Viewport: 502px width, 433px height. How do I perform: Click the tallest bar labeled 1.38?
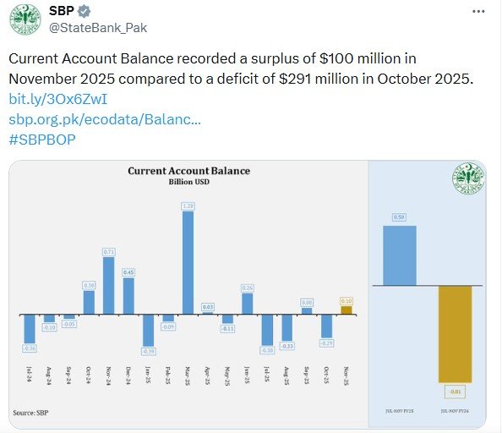(188, 262)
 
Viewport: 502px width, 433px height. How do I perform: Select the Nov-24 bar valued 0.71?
(108, 285)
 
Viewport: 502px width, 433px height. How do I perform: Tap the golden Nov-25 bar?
(346, 310)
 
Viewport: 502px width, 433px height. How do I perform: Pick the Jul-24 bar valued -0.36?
(30, 328)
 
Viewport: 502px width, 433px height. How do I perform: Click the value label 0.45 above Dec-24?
(128, 272)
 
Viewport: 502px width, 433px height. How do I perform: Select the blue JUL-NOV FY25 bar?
(399, 255)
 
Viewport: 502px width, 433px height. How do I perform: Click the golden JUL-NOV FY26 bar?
(455, 334)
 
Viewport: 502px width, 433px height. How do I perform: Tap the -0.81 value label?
(455, 391)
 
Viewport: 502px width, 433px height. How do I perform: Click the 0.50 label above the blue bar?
(399, 217)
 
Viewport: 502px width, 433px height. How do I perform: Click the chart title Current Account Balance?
(188, 171)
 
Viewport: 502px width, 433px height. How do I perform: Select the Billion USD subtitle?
(188, 182)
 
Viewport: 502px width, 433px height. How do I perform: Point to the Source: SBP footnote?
(30, 412)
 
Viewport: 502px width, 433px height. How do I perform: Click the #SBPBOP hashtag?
(42, 139)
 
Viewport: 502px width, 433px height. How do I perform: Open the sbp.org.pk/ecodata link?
(105, 119)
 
